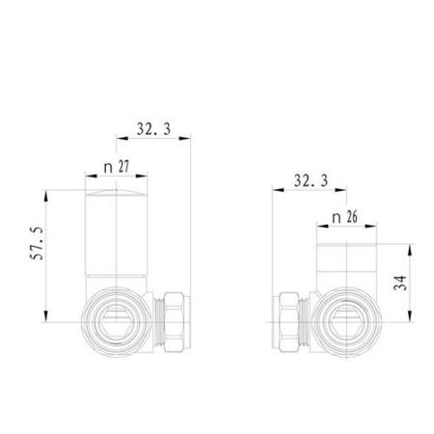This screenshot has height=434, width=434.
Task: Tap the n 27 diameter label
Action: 117,167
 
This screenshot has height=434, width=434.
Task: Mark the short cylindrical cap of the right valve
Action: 345,260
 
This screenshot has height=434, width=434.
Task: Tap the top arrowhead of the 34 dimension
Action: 416,247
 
